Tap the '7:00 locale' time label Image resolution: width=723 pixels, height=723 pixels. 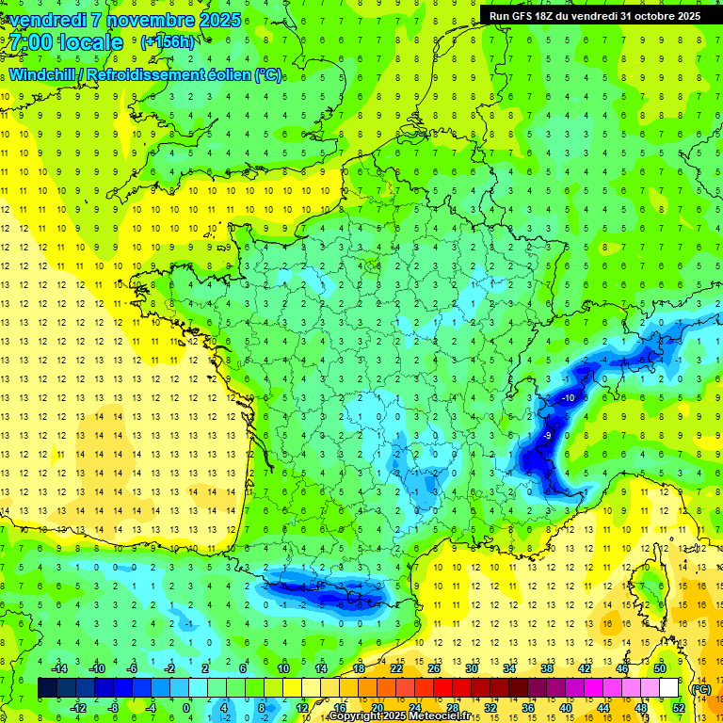[x=66, y=42]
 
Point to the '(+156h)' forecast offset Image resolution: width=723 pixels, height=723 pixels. [x=168, y=41]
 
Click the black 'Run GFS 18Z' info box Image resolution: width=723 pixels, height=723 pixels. [x=594, y=15]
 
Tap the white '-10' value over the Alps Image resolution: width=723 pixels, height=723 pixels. [x=568, y=398]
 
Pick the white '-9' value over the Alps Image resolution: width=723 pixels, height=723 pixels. [x=547, y=436]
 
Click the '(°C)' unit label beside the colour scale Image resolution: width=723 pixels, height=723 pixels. [x=700, y=689]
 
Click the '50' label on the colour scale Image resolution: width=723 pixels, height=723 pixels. [x=660, y=668]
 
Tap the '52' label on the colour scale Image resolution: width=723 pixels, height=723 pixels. [x=679, y=707]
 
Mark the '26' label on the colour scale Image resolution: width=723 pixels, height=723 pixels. [x=433, y=668]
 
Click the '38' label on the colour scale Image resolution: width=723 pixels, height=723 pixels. [x=546, y=668]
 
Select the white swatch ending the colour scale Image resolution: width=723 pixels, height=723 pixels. [x=669, y=688]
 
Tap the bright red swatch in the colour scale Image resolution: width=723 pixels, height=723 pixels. [x=442, y=688]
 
